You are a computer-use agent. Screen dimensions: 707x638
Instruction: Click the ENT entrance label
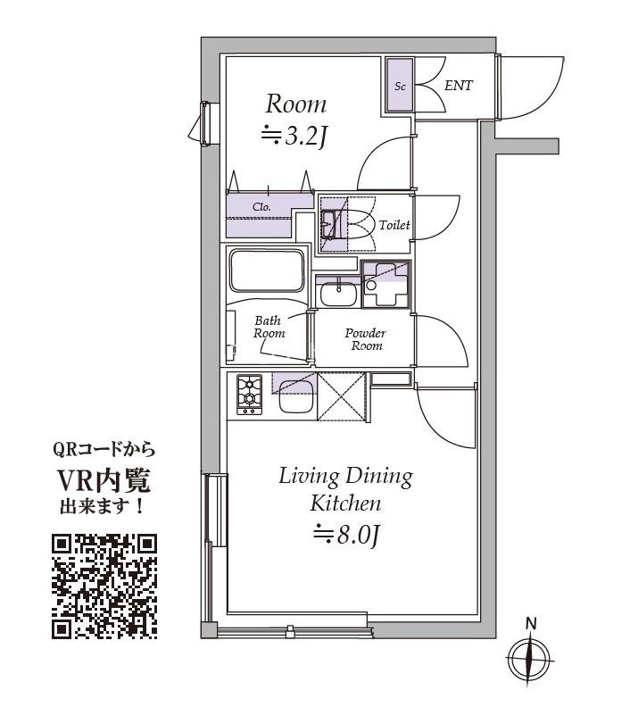pos(458,86)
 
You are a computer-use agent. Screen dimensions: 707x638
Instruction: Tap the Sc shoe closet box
pos(400,87)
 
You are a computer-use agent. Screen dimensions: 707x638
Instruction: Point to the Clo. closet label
pos(261,206)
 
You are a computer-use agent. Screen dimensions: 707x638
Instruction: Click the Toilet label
pos(394,225)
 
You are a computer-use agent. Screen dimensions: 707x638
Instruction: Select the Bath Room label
pos(268,327)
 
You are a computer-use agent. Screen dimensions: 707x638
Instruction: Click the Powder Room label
pos(365,339)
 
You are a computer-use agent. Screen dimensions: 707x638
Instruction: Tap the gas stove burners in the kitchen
pos(249,394)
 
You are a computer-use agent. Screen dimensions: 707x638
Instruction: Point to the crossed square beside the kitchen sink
pos(342,396)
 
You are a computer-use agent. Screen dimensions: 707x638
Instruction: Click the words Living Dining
pos(345,476)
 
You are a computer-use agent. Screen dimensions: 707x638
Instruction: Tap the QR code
pos(104,586)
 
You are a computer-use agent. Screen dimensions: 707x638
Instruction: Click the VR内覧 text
pos(104,482)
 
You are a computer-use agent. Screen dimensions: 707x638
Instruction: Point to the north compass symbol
pos(530,660)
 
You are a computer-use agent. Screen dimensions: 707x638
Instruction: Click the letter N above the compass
pos(530,623)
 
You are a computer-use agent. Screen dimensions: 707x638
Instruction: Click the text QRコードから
pos(104,450)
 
